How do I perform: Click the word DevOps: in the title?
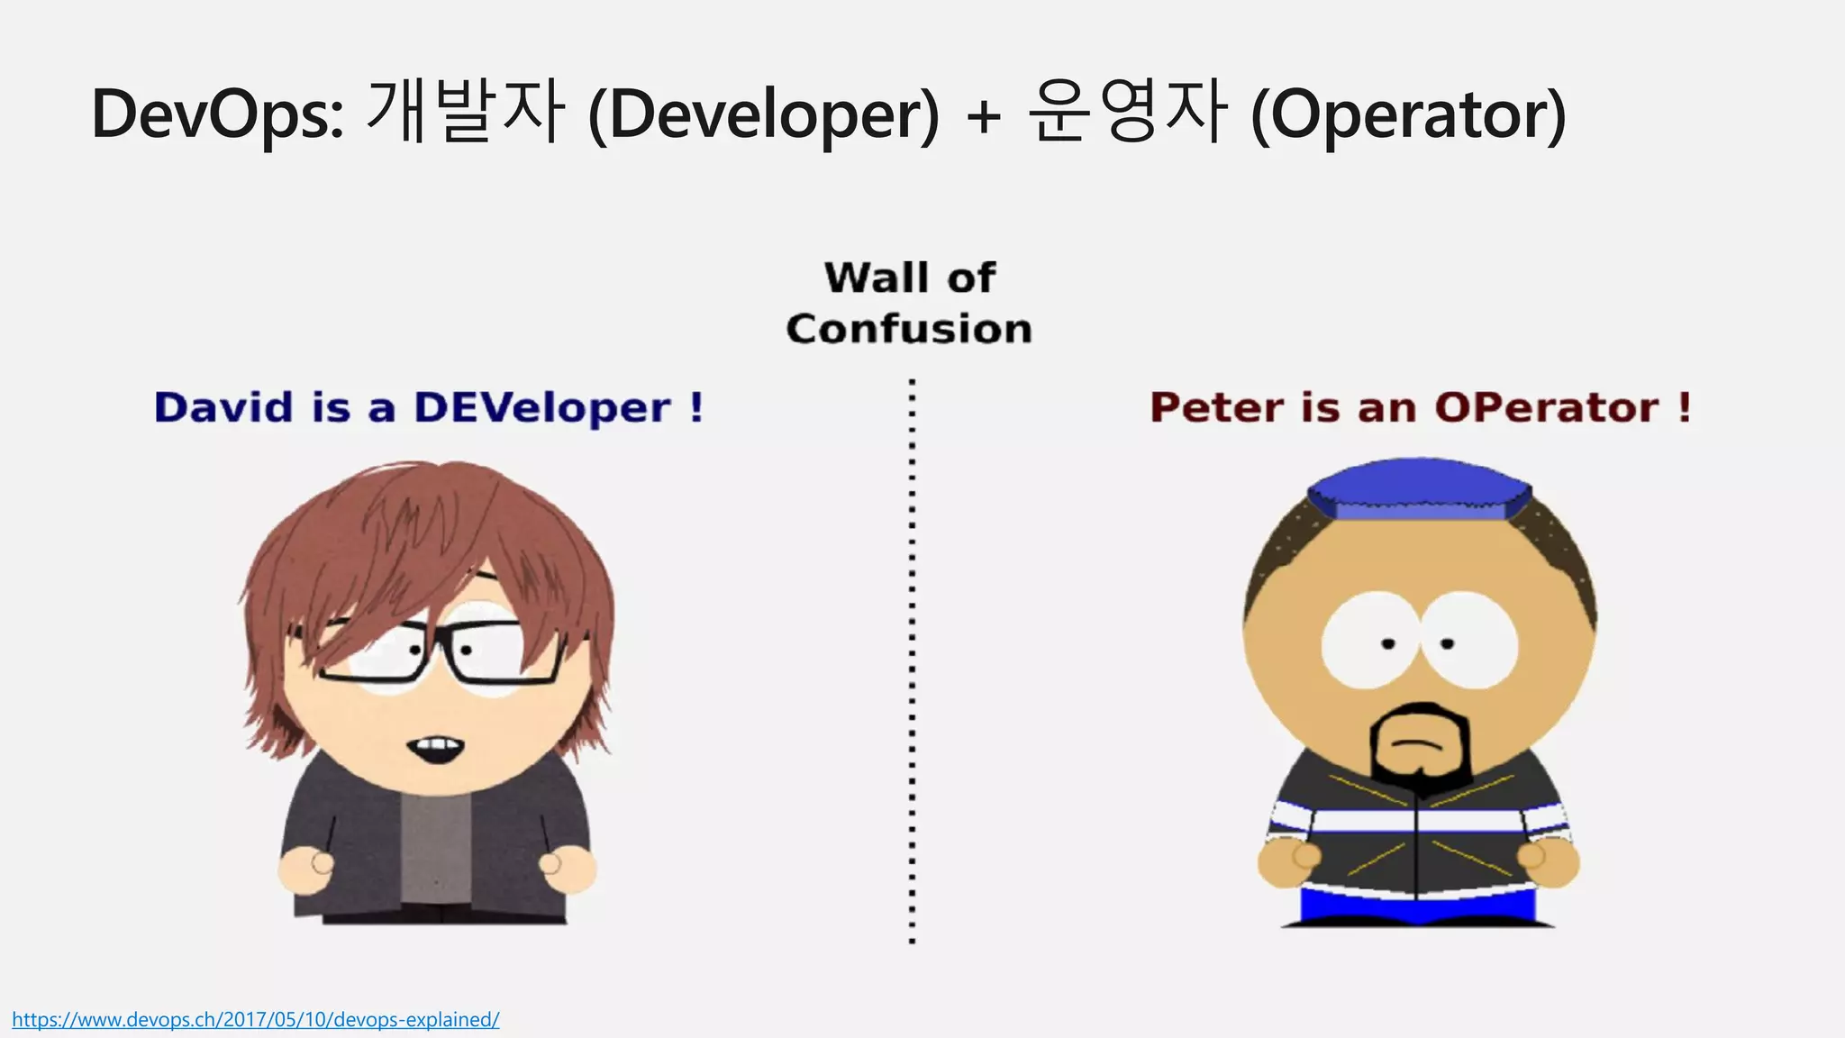pos(217,115)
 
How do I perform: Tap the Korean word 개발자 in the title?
pos(466,112)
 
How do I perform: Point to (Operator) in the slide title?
pos(1408,115)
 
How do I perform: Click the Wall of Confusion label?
pos(909,303)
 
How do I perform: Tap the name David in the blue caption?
pos(223,407)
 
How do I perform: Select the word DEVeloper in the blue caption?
pos(542,408)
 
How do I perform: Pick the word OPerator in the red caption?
pos(1546,408)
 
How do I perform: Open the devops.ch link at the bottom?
pos(255,1020)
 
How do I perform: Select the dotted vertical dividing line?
pos(912,662)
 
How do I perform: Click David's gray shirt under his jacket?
pos(436,847)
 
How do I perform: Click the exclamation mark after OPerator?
pos(1684,407)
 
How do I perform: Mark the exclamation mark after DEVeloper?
pos(695,407)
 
